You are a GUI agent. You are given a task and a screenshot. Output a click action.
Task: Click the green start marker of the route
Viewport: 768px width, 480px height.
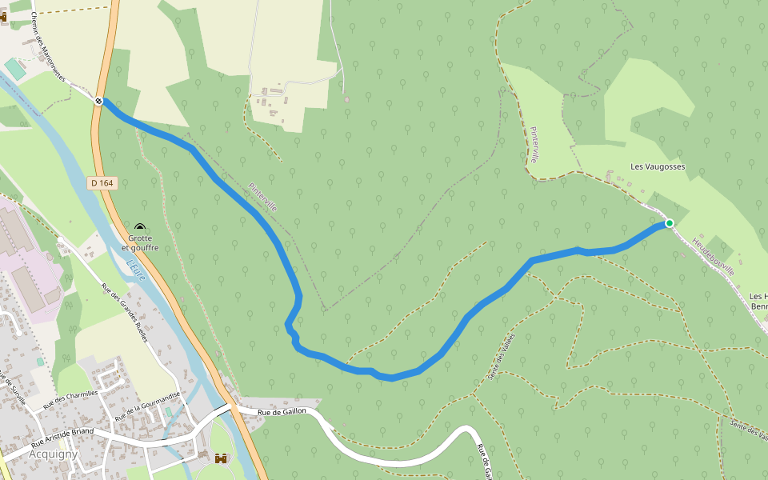coord(669,223)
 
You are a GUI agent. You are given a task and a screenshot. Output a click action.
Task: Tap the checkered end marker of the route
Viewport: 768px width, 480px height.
coord(98,101)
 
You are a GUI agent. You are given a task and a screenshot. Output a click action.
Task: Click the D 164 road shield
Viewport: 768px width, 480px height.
coord(102,183)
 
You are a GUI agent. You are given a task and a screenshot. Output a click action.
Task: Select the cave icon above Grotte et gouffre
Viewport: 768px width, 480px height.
coord(140,229)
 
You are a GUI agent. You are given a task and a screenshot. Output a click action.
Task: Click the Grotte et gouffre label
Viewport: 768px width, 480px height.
coord(140,243)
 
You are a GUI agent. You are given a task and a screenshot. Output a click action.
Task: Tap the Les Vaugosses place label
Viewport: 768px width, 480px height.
coord(658,167)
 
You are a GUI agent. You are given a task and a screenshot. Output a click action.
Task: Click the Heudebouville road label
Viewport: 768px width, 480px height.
coord(714,256)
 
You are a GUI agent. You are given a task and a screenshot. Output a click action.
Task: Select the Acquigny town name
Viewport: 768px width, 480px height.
coord(52,454)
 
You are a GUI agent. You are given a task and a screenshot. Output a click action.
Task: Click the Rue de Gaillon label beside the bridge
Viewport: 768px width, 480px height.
coord(282,411)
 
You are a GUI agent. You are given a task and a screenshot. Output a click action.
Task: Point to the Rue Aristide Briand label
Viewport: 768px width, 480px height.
coord(62,436)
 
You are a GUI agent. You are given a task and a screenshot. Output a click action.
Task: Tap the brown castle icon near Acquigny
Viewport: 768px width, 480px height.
coord(221,459)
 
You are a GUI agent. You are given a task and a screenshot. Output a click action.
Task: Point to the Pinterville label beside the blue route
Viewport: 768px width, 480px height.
coord(262,197)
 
